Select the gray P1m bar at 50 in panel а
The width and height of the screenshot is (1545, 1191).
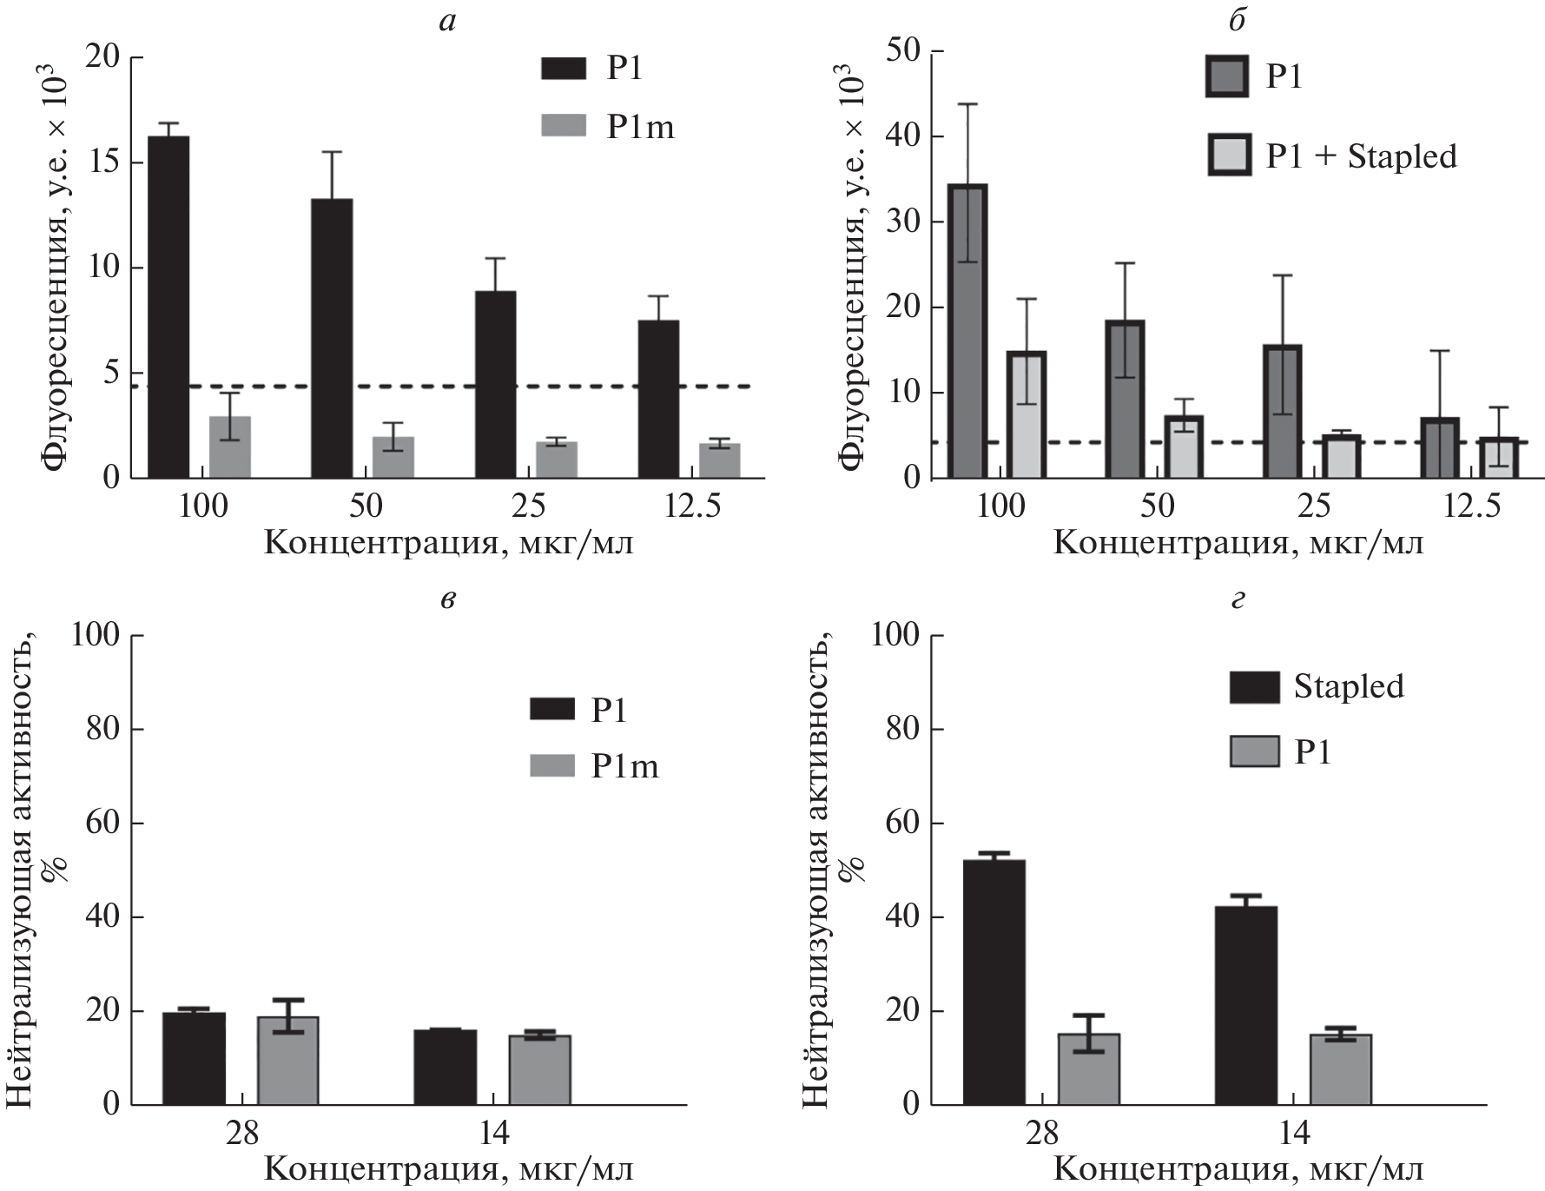tap(393, 457)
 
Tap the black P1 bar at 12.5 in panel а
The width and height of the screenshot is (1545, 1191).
tap(658, 399)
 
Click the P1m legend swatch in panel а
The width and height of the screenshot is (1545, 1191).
tap(565, 127)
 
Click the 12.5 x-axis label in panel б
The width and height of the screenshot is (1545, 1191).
tap(1472, 506)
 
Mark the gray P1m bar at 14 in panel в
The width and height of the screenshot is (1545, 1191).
tap(539, 1069)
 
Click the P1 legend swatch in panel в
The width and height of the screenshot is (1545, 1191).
tap(552, 709)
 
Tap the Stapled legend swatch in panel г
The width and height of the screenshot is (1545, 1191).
tap(1254, 686)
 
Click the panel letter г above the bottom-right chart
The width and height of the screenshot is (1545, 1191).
tap(1238, 599)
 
